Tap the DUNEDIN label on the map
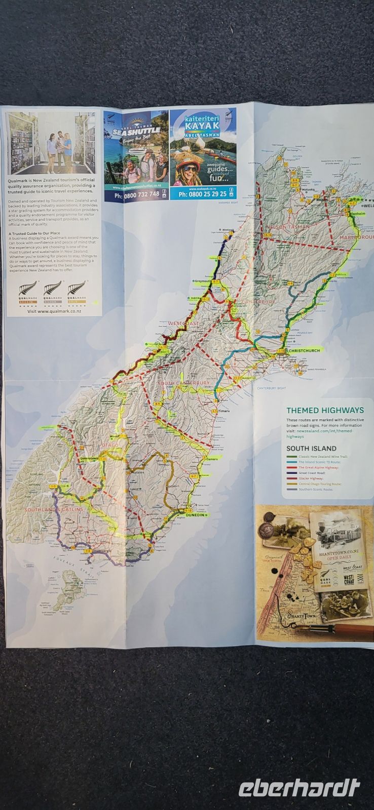195,514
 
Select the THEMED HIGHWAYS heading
325,410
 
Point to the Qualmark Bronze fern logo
24,293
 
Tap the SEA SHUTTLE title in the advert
136,131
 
